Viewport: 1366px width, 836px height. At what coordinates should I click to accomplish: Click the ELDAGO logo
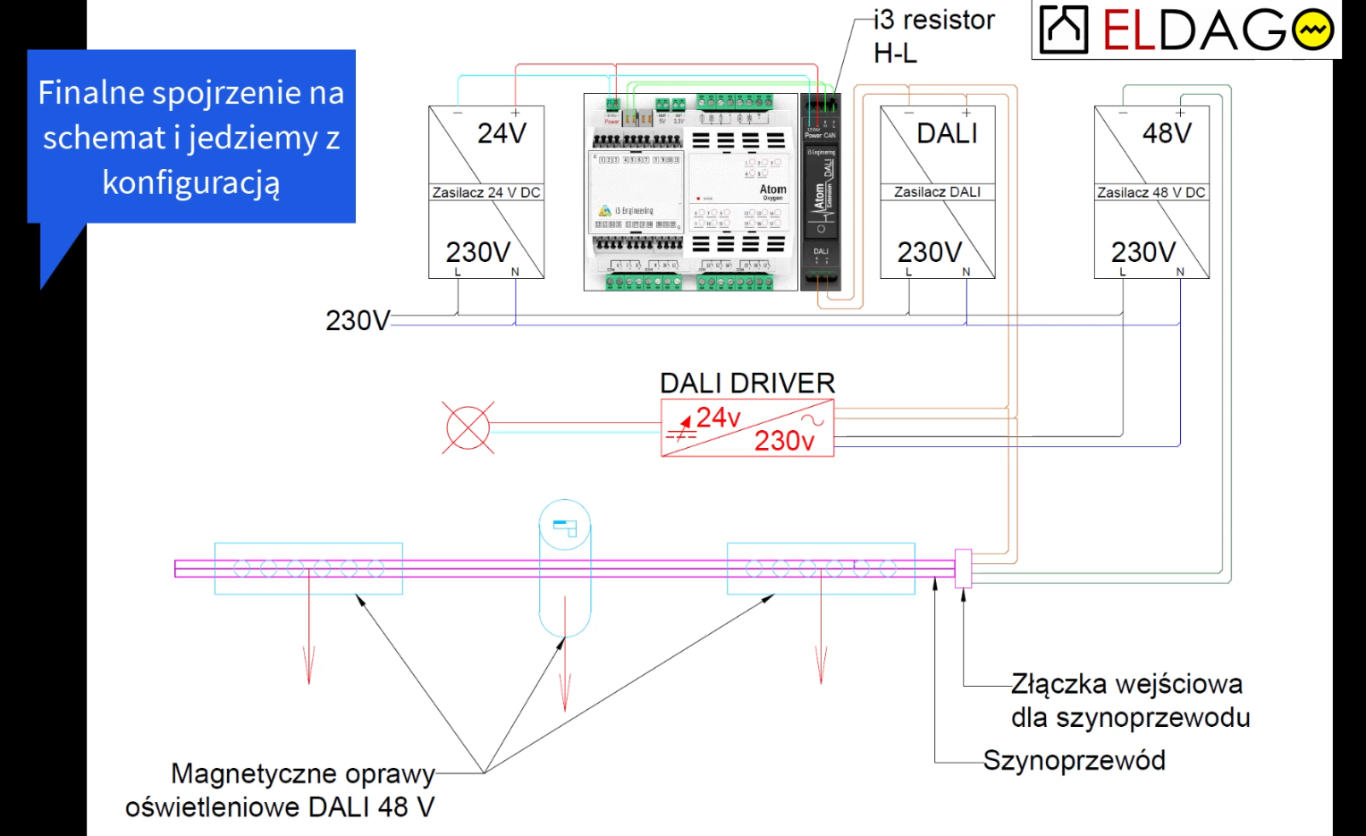[x=1186, y=30]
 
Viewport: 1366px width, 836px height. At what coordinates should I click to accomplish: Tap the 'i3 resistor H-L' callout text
[x=933, y=37]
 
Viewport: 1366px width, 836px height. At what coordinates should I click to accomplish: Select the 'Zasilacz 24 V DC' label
[x=485, y=192]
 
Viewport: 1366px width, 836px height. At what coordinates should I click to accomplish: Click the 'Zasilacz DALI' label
[x=937, y=192]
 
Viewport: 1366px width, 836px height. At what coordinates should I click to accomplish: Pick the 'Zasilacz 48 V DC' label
[x=1151, y=192]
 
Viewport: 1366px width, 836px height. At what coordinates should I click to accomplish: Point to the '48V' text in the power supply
[x=1167, y=134]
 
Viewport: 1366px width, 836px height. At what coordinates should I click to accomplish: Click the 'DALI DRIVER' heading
[x=747, y=384]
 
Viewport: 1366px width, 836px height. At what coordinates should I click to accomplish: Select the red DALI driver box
[x=747, y=428]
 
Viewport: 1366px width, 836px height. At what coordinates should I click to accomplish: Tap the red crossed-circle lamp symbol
[x=468, y=426]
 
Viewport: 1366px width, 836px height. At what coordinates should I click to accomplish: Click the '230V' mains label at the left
[x=357, y=320]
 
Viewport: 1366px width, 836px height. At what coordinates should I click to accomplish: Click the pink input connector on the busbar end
[x=963, y=568]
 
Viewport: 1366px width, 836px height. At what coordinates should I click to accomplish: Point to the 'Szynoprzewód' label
[x=1074, y=761]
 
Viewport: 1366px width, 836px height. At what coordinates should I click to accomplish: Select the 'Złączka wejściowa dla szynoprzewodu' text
[x=1129, y=701]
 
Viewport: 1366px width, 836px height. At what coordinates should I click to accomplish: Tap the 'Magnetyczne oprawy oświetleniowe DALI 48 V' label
[x=281, y=790]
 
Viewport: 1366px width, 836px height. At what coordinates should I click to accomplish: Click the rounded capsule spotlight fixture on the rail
[x=565, y=568]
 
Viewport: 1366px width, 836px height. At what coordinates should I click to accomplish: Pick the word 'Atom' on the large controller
[x=772, y=190]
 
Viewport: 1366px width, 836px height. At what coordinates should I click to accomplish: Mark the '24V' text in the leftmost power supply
[x=502, y=134]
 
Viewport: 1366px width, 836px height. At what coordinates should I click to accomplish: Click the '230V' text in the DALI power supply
[x=930, y=252]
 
